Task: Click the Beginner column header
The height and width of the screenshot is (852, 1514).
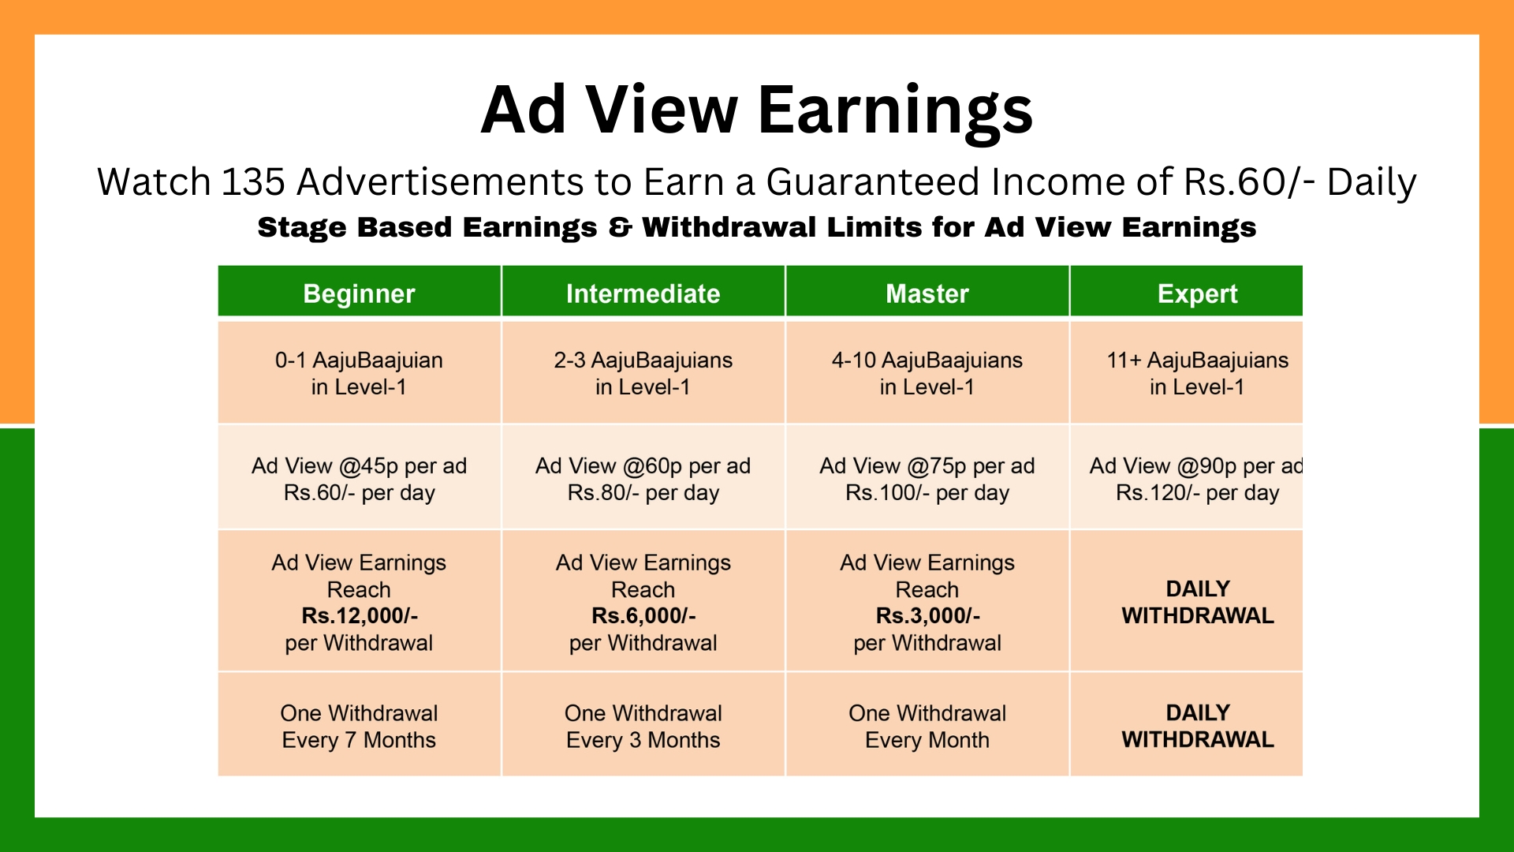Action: pos(359,293)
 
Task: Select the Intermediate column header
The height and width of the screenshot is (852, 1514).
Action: pos(643,293)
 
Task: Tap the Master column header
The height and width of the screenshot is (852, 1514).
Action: pos(927,293)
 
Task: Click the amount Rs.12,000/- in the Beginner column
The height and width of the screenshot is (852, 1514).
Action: pos(360,615)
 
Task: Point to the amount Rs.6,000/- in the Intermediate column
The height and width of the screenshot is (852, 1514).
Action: pos(643,615)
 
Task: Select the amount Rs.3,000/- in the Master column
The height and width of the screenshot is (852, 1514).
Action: pos(927,615)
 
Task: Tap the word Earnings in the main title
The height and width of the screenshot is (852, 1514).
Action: pos(895,110)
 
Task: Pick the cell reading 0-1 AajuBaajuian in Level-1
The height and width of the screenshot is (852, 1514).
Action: pos(359,373)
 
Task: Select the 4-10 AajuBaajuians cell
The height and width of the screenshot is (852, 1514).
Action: pos(927,373)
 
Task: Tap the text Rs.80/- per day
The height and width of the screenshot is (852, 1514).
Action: pos(643,493)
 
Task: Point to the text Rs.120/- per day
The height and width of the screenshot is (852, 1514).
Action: pos(1197,493)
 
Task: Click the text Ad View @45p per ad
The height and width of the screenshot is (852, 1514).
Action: pos(359,466)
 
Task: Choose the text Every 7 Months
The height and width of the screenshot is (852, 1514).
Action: pos(359,740)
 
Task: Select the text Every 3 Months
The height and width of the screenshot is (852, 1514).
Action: pos(643,740)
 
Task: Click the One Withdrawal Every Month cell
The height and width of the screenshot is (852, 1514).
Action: pos(927,727)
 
